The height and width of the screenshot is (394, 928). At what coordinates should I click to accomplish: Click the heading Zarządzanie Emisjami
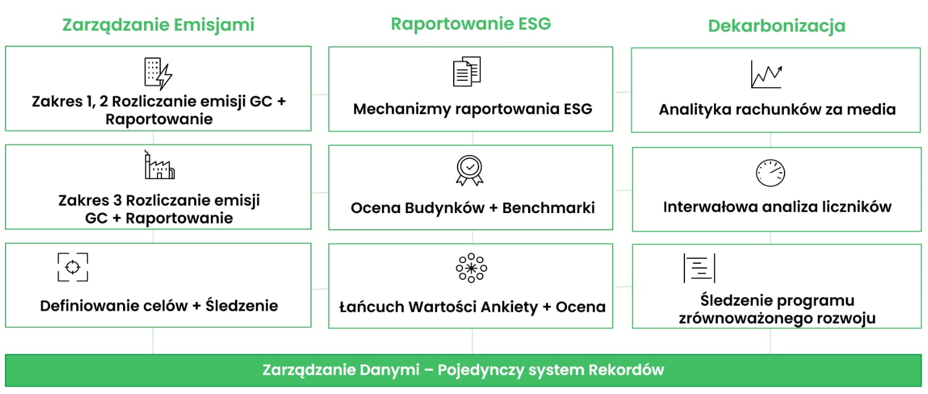pyautogui.click(x=158, y=25)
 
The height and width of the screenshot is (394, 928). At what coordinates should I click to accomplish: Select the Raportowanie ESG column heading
pyautogui.click(x=470, y=23)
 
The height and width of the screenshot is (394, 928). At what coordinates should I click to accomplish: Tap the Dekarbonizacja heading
pyautogui.click(x=777, y=26)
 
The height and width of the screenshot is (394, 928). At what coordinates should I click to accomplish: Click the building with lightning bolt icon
pyautogui.click(x=158, y=73)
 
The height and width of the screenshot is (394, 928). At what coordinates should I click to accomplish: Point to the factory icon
pyautogui.click(x=160, y=166)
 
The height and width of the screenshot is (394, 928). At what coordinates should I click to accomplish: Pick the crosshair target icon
pyautogui.click(x=73, y=267)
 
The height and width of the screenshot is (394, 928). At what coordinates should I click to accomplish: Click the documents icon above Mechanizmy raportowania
pyautogui.click(x=467, y=72)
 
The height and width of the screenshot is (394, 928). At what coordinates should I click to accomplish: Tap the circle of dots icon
pyautogui.click(x=471, y=268)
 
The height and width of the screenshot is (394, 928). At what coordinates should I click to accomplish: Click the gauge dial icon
pyautogui.click(x=770, y=173)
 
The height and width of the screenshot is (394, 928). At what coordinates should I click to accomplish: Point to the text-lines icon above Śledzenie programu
pyautogui.click(x=699, y=268)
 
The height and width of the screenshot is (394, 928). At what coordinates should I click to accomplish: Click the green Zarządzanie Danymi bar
pyautogui.click(x=463, y=370)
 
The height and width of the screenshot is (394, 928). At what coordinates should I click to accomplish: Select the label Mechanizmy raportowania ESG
pyautogui.click(x=472, y=109)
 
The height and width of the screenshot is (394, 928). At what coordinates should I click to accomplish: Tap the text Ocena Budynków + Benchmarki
pyautogui.click(x=472, y=208)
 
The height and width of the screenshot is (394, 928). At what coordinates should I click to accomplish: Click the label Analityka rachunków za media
pyautogui.click(x=777, y=110)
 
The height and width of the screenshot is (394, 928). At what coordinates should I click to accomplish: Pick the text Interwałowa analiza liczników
pyautogui.click(x=777, y=206)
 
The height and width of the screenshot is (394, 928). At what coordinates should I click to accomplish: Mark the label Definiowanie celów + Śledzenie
pyautogui.click(x=159, y=306)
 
